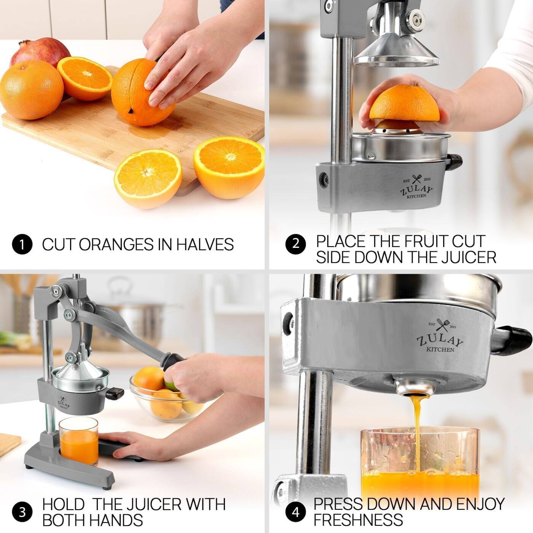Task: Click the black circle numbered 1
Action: [x=22, y=244]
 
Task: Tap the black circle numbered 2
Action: [x=296, y=244]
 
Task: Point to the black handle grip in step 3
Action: [x=173, y=362]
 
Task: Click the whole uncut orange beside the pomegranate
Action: [x=32, y=90]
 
